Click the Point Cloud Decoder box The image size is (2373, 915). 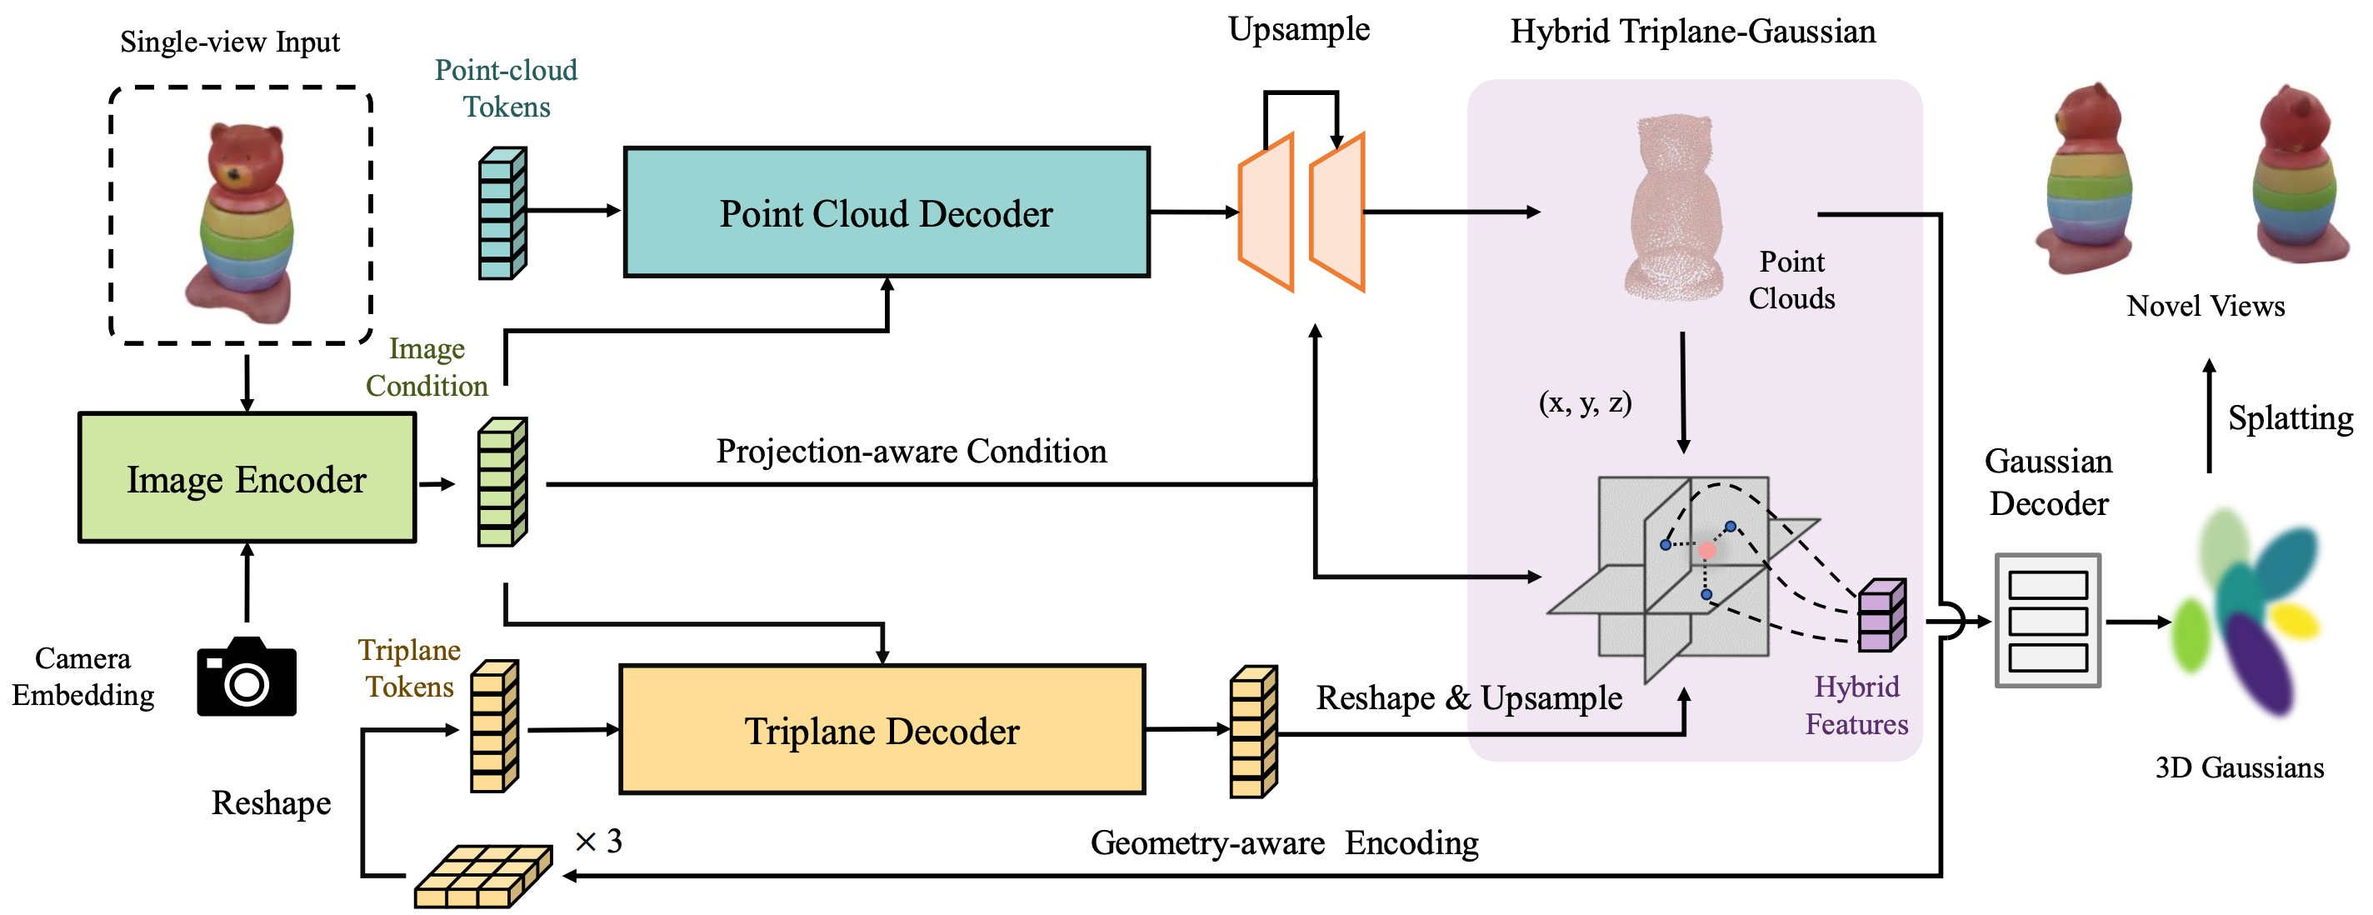point(887,212)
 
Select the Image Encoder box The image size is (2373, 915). point(247,478)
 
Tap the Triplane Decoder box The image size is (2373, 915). point(882,730)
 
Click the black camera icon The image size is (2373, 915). point(247,678)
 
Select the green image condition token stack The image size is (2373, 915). point(502,482)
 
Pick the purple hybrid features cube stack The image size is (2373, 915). point(1881,616)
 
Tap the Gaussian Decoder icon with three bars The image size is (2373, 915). point(2047,620)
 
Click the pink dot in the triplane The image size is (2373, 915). point(1707,550)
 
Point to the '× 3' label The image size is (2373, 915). point(599,842)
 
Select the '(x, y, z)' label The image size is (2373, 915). point(1585,402)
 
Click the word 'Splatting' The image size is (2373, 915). point(2290,418)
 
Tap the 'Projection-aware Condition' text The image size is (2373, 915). point(911,452)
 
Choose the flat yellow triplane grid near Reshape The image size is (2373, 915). point(482,877)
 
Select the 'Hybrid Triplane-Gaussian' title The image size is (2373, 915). point(1692,32)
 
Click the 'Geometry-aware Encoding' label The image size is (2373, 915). point(1284,843)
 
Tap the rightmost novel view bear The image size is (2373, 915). point(2294,180)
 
